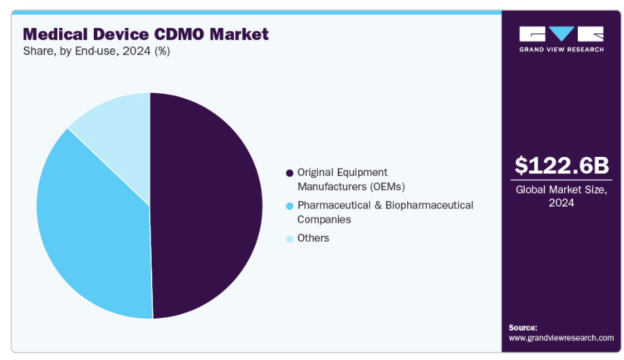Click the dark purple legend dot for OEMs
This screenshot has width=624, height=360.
pos(290,173)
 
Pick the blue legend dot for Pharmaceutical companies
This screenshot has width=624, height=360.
pos(290,206)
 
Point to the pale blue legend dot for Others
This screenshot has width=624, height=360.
pos(290,238)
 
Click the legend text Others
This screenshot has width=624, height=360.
pos(313,238)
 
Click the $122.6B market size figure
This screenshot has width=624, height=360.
pos(561,165)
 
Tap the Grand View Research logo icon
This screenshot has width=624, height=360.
pos(561,34)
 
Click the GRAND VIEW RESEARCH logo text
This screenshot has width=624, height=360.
pos(561,50)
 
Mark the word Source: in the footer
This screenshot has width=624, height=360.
pos(523,327)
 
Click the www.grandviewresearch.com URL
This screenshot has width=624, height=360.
pos(561,338)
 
